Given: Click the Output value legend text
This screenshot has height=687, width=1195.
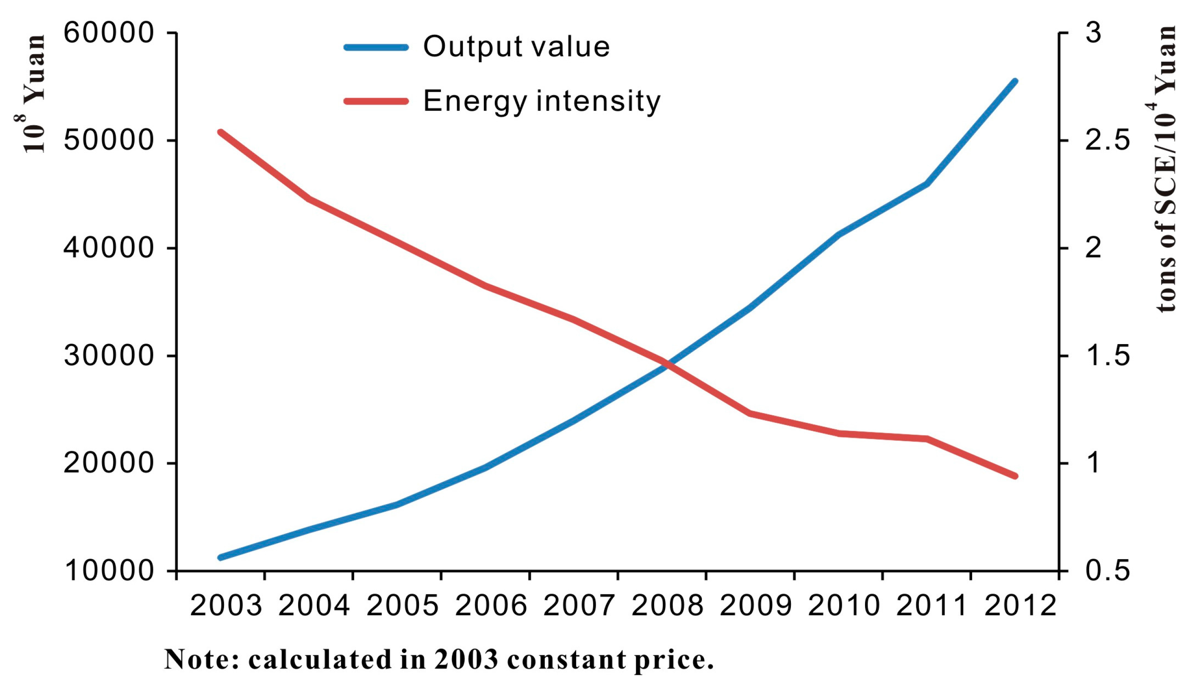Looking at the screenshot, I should [516, 47].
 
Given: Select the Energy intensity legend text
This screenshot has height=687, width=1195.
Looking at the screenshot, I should [541, 101].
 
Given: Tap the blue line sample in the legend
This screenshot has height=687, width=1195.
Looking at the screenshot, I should [376, 47].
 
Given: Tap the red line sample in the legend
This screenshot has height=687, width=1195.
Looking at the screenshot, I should [376, 101].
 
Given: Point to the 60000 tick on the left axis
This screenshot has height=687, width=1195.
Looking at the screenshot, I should [108, 33].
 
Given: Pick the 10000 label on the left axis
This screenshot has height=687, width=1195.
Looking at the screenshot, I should [108, 571].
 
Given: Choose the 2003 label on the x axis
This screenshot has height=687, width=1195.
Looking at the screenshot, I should [226, 606].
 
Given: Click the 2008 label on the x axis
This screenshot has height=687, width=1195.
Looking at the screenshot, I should [667, 606].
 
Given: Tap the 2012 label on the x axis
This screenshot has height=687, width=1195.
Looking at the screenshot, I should [1020, 606].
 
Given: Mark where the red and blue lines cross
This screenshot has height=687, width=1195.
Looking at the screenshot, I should [667, 364].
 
